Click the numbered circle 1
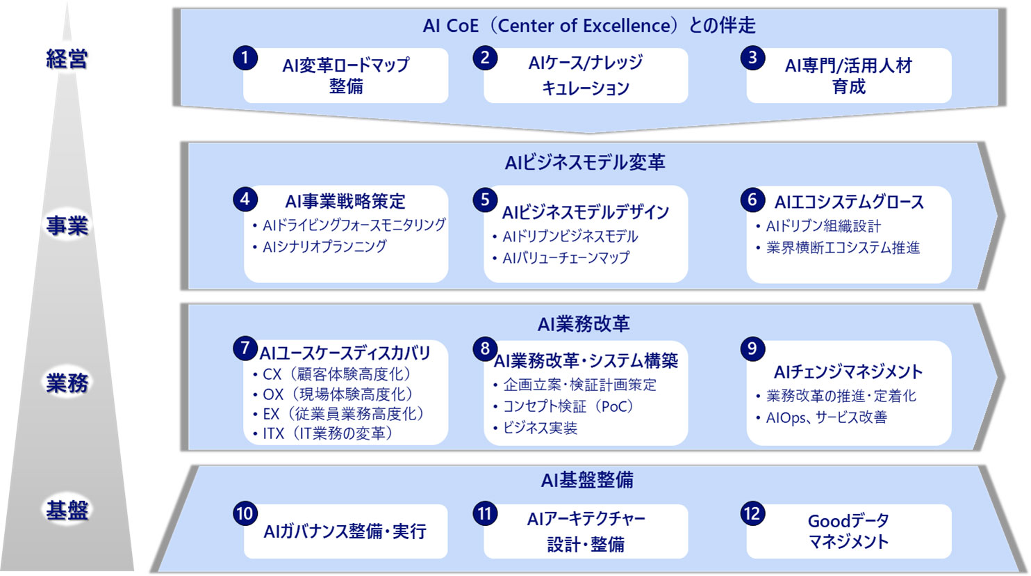(x=245, y=58)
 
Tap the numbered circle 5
(x=485, y=200)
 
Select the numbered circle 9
(x=752, y=349)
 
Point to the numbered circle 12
(x=752, y=514)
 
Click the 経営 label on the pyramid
(x=67, y=59)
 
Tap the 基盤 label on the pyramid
(x=67, y=511)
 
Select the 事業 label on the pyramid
(x=67, y=226)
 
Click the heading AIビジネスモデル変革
(x=584, y=163)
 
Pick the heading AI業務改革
(x=584, y=324)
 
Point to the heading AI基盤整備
(x=587, y=480)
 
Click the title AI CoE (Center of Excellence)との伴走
(x=588, y=26)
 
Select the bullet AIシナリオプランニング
(x=324, y=247)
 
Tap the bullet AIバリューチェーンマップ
(x=566, y=258)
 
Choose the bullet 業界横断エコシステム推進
(x=842, y=248)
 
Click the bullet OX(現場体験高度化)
(x=338, y=394)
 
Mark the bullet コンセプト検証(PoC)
(x=568, y=406)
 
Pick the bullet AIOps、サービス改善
(x=825, y=417)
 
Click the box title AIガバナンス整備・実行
(x=345, y=532)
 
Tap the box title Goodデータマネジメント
(x=848, y=531)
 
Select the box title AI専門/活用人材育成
(x=848, y=76)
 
